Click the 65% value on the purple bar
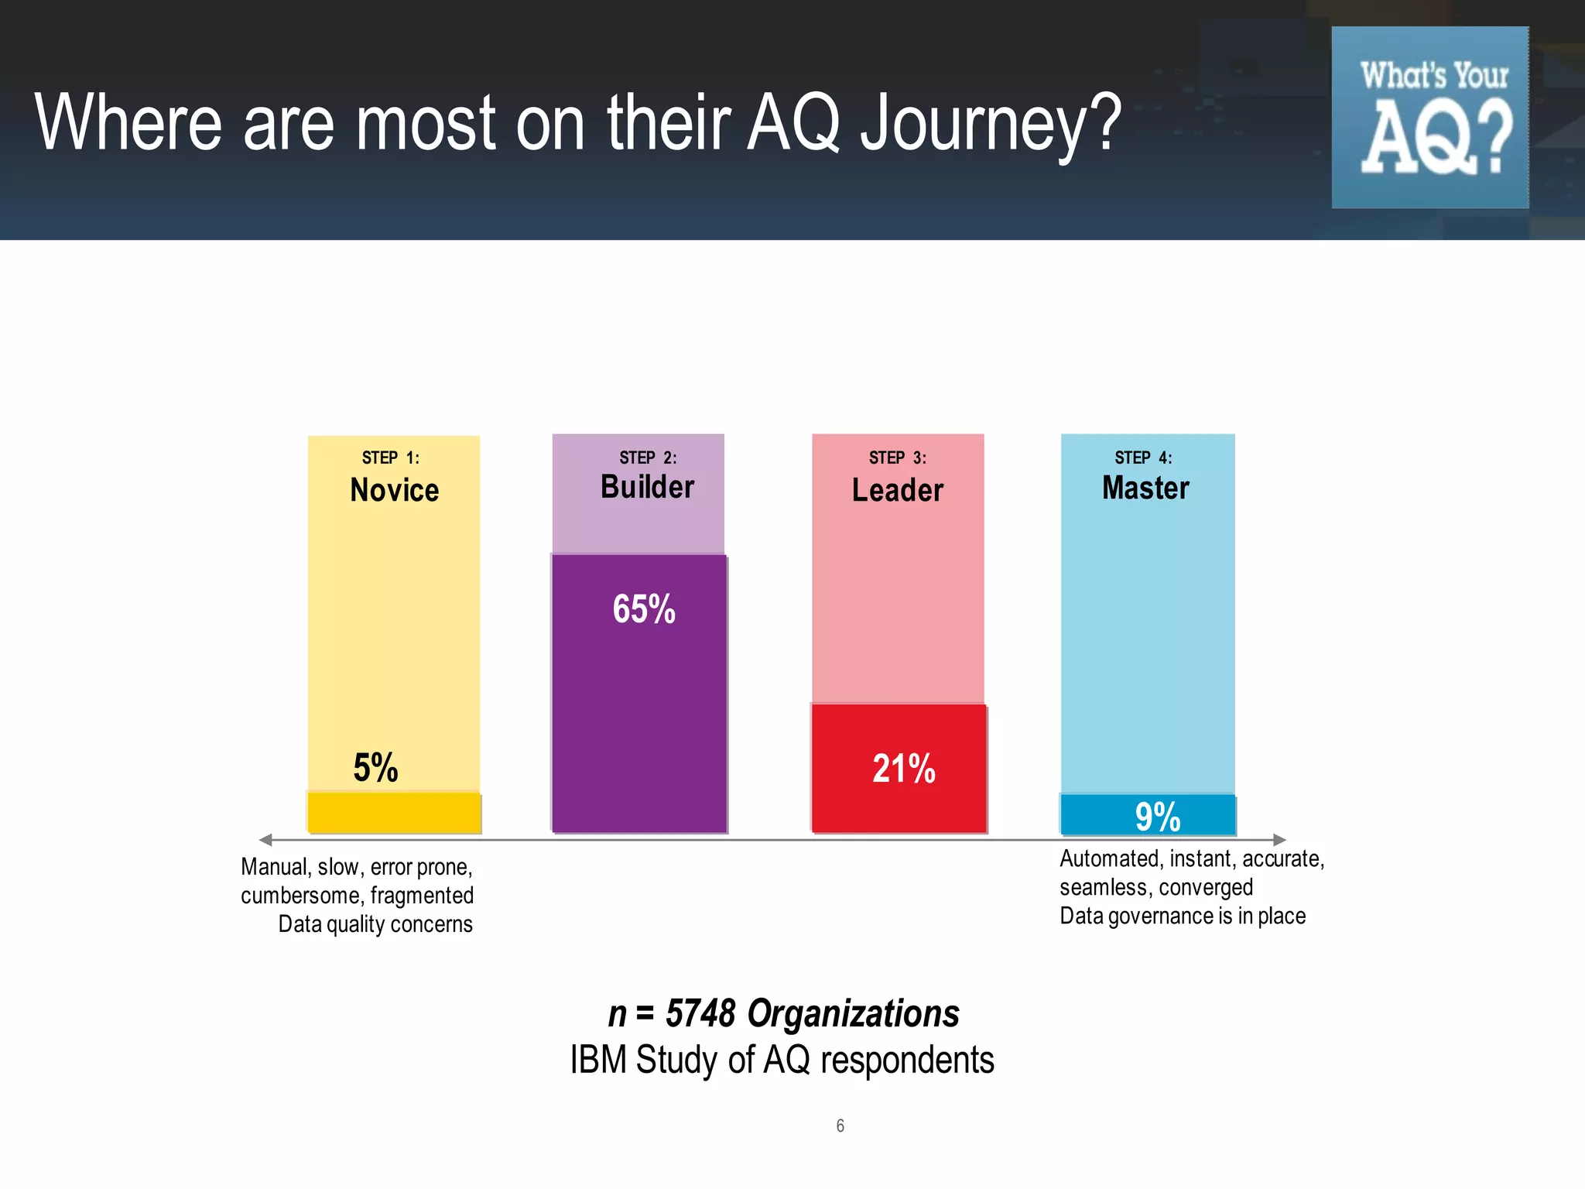643,609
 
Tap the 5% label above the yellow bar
375,768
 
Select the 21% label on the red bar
903,769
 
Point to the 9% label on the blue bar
1157,817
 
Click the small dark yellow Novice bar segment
394,813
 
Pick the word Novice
394,490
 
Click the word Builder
647,487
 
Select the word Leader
897,490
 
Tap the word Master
1145,488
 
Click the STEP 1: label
390,457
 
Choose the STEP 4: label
1143,457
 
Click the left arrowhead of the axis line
265,840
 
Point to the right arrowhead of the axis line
1279,840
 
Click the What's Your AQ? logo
1429,118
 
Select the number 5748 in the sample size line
700,1013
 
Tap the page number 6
840,1126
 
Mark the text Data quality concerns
375,924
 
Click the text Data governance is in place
1182,916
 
